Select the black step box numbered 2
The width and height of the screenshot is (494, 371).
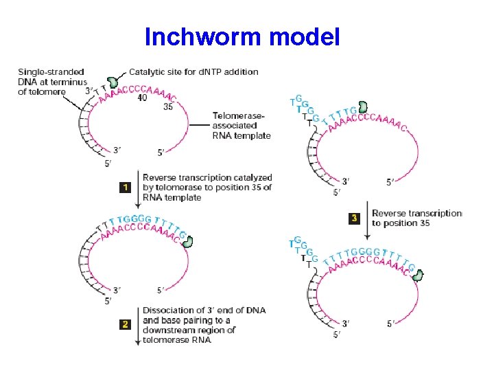(124, 324)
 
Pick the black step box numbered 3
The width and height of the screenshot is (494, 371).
(354, 218)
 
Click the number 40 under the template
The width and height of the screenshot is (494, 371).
(141, 98)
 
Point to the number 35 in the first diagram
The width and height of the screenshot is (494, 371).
(169, 106)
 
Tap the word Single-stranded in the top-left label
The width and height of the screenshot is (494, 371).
(51, 71)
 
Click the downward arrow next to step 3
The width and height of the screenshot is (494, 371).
(366, 218)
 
